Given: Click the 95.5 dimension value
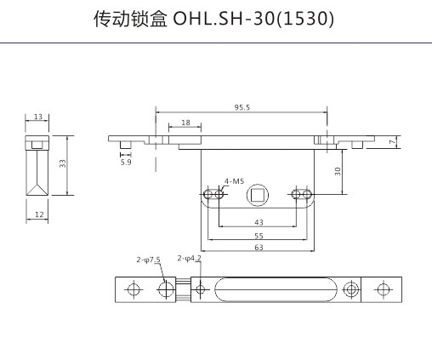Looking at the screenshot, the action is tap(242, 107).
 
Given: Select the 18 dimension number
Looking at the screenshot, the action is tap(185, 123).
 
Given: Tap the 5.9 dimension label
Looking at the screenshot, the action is tap(126, 163).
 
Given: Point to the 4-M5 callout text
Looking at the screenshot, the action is tap(234, 181).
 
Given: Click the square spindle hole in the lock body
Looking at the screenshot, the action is tap(258, 195).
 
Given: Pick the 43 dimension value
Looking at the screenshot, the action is tap(259, 222).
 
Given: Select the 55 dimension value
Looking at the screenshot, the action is tap(259, 236).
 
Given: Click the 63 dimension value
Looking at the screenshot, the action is tap(259, 248).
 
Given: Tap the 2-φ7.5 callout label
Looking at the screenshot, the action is tap(148, 260).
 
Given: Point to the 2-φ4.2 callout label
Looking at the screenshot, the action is tap(190, 258).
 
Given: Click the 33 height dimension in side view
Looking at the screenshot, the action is tap(62, 163).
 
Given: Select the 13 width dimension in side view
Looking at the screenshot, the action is tap(38, 117).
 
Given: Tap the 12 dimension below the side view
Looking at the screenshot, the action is tap(39, 214).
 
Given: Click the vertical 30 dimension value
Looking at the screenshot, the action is tap(338, 171).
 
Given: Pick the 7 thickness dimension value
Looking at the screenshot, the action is tap(392, 142).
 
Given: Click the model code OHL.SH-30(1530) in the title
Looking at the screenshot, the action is tap(253, 19).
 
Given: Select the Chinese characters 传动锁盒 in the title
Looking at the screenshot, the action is tap(130, 19).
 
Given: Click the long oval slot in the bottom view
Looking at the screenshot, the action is tap(276, 289).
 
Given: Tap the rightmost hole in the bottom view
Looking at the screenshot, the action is tap(384, 289).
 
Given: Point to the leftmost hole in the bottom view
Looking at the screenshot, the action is tap(134, 289).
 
